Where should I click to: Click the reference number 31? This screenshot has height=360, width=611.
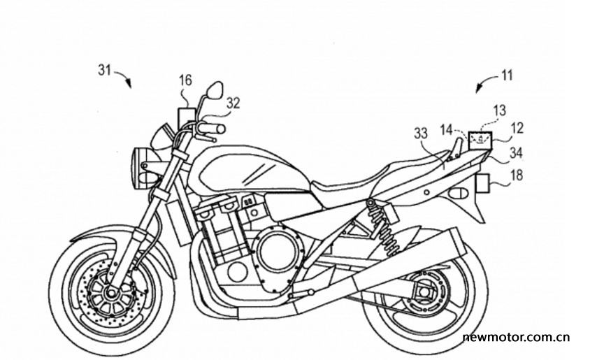tap(105, 71)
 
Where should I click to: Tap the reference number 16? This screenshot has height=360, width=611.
tap(185, 80)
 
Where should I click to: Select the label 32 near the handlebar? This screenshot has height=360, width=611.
tap(233, 103)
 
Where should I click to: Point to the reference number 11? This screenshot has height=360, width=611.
tap(506, 75)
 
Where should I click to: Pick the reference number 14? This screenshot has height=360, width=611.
tap(447, 130)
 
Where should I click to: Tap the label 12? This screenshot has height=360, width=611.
tap(517, 128)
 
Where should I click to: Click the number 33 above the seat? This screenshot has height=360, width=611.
tap(420, 134)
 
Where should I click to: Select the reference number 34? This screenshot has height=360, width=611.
tap(515, 153)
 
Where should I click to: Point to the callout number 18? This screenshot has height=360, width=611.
tap(517, 175)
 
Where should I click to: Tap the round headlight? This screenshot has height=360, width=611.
tap(141, 167)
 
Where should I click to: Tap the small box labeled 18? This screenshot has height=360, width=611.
tap(482, 183)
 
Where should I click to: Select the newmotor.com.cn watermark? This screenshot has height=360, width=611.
tap(517, 337)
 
